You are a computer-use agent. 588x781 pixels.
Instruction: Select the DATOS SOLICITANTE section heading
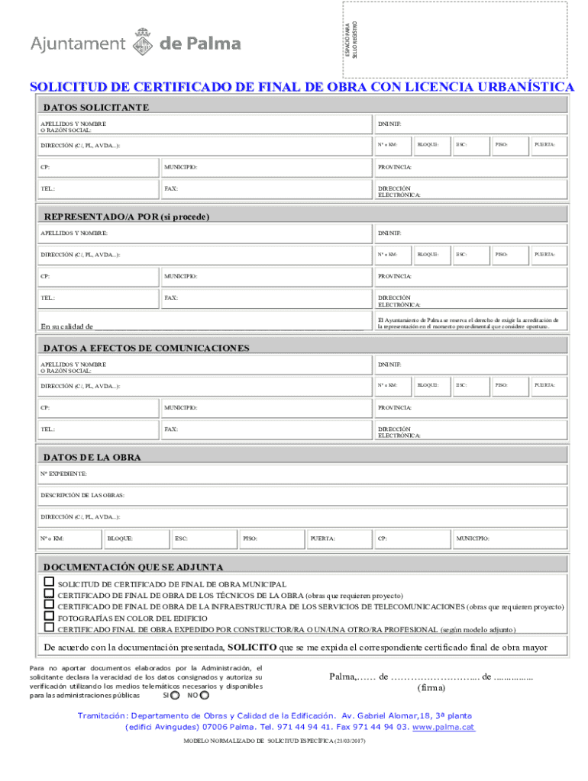tap(96, 107)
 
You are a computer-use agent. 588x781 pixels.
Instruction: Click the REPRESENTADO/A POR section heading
tap(126, 217)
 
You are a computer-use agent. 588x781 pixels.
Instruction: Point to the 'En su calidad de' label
tap(67, 326)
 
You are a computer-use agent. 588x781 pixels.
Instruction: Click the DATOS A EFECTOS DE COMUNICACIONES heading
tap(146, 348)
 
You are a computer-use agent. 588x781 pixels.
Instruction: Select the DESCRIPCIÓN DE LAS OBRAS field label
tap(82, 495)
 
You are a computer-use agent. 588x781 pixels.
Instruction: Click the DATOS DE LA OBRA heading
tap(92, 458)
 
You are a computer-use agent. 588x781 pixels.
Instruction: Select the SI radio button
tap(176, 696)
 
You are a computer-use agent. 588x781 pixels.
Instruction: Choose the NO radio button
tap(204, 696)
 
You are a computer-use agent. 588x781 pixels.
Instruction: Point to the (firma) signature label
tap(431, 687)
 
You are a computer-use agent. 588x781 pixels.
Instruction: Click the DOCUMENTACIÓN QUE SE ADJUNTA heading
tap(133, 567)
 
